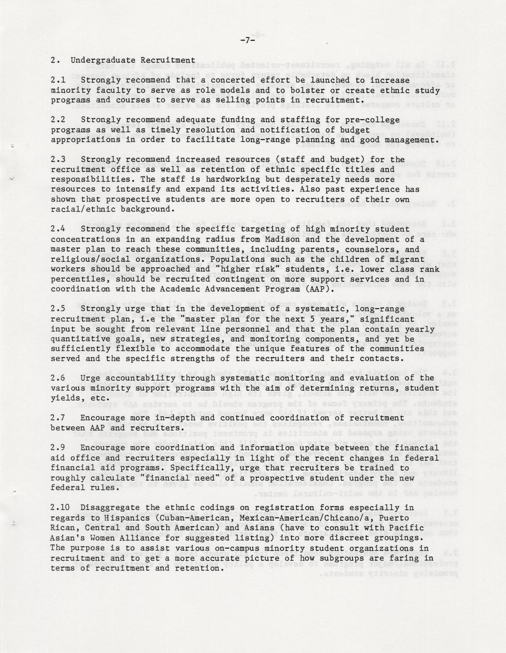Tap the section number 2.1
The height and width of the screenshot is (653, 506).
(x=58, y=80)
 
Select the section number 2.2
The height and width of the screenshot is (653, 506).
(x=58, y=120)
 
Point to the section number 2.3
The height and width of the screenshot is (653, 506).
(x=58, y=159)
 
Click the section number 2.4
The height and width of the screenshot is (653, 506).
(x=58, y=229)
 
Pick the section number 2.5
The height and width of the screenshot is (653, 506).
(x=58, y=309)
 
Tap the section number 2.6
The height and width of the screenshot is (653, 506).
(x=58, y=378)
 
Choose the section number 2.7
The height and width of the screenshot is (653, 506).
(x=58, y=418)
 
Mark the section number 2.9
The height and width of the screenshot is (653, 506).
(x=58, y=448)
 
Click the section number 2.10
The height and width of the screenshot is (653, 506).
(x=60, y=508)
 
